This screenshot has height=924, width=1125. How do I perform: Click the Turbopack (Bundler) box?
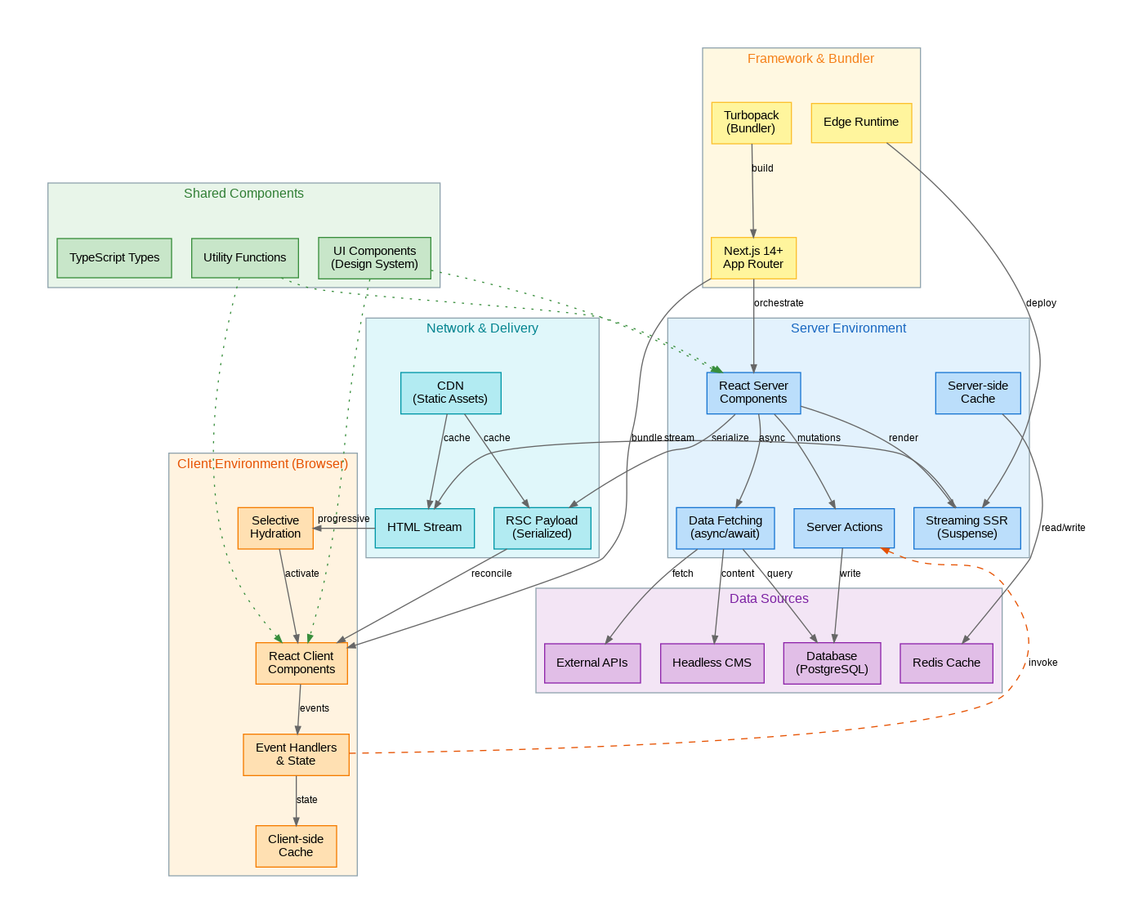click(752, 123)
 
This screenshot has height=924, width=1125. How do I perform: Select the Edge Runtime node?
click(861, 123)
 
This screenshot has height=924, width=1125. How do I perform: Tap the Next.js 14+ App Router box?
click(753, 258)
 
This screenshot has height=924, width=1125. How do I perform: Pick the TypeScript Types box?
click(114, 258)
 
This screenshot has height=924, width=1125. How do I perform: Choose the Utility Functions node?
click(244, 258)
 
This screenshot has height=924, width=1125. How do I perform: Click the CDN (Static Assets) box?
click(450, 393)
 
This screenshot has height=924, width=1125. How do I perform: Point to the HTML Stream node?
click(424, 528)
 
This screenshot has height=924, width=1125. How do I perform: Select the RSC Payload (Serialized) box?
click(542, 528)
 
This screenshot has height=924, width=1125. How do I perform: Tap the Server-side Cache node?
click(977, 393)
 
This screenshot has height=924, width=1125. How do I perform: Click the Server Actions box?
click(844, 528)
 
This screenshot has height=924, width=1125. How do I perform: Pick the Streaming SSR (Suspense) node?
click(967, 528)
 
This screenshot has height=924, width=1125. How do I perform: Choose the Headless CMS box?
click(712, 663)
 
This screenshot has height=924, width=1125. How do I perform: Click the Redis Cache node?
click(946, 663)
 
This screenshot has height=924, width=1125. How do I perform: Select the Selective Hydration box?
click(275, 528)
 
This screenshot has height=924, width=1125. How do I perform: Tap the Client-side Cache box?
click(296, 846)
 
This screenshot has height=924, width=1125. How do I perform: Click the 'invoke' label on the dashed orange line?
click(1042, 663)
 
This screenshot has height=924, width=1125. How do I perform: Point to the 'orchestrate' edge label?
click(779, 303)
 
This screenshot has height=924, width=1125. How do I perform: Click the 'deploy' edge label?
click(1041, 303)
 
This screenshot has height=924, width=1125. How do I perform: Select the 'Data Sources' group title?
click(769, 599)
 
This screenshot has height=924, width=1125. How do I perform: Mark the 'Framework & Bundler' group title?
click(810, 59)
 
